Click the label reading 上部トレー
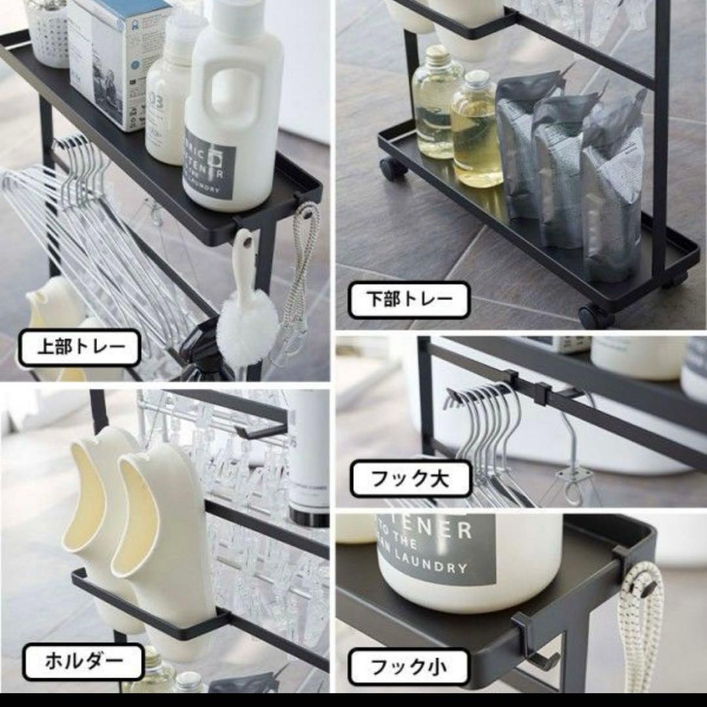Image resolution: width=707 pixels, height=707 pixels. coord(79,348)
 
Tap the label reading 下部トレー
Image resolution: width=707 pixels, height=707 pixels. coord(408,300)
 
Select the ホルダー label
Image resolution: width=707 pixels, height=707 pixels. coord(83,662)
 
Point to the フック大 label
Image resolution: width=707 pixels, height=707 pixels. coord(410,479)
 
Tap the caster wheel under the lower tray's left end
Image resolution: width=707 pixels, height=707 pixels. coord(393,169)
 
